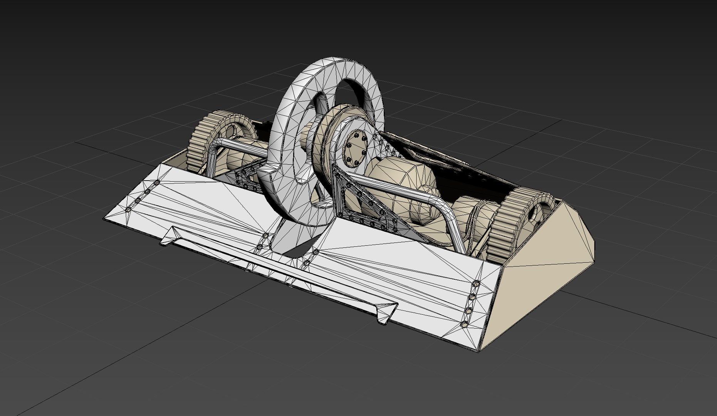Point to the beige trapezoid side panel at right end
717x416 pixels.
click(x=547, y=277)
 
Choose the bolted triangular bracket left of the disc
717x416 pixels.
click(x=247, y=177)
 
